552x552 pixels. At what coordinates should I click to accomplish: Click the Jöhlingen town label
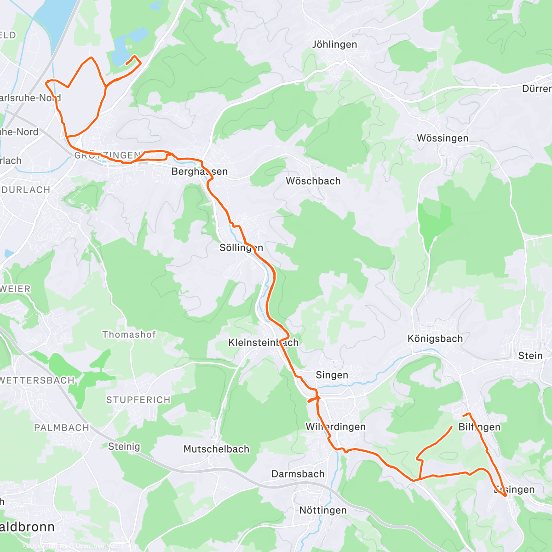point(334,45)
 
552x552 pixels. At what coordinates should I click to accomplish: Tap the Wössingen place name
point(442,138)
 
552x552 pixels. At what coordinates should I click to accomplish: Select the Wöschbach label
point(313,181)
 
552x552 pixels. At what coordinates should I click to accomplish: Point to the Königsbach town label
point(435,339)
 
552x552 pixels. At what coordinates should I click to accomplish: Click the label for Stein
point(530,356)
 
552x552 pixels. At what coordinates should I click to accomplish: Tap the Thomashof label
point(129,334)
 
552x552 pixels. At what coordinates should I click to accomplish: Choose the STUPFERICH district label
point(138,400)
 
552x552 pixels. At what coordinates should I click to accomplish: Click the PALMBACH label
point(62,428)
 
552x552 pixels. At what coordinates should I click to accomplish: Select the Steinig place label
point(124,446)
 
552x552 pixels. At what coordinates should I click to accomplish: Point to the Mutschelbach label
point(216,449)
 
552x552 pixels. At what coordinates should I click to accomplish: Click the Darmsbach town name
point(298,474)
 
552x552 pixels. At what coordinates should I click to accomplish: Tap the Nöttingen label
point(323,511)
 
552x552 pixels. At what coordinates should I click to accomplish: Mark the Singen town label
point(332,375)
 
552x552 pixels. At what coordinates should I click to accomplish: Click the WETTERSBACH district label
point(37,380)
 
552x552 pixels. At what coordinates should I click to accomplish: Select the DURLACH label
point(26,190)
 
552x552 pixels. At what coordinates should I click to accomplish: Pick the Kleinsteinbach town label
point(263,343)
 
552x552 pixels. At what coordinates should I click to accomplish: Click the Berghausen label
point(199,172)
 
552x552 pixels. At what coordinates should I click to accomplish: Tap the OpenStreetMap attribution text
point(97,546)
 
